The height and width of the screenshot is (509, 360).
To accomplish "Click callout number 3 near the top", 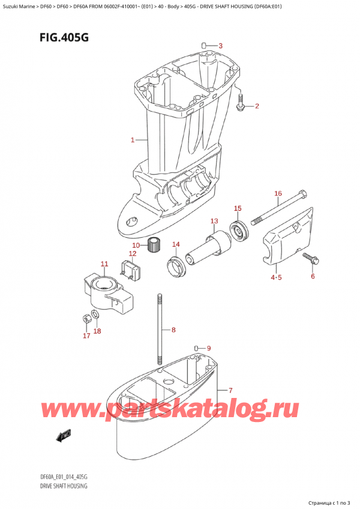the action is coord(220,46).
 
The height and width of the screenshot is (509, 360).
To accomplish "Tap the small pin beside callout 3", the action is coord(204,45).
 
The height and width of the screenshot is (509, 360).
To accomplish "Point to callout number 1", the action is coord(133,140).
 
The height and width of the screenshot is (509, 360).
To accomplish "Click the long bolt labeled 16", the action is coord(279,208).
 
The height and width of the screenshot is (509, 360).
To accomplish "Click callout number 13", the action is coord(214,221).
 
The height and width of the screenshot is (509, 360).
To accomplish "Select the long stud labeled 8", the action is coord(160,330).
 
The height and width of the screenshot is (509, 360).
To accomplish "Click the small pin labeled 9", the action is coord(197,348).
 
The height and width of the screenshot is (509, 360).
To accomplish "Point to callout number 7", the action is coord(230,390).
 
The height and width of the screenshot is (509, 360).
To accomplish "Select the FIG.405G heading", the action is coord(64,38).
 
